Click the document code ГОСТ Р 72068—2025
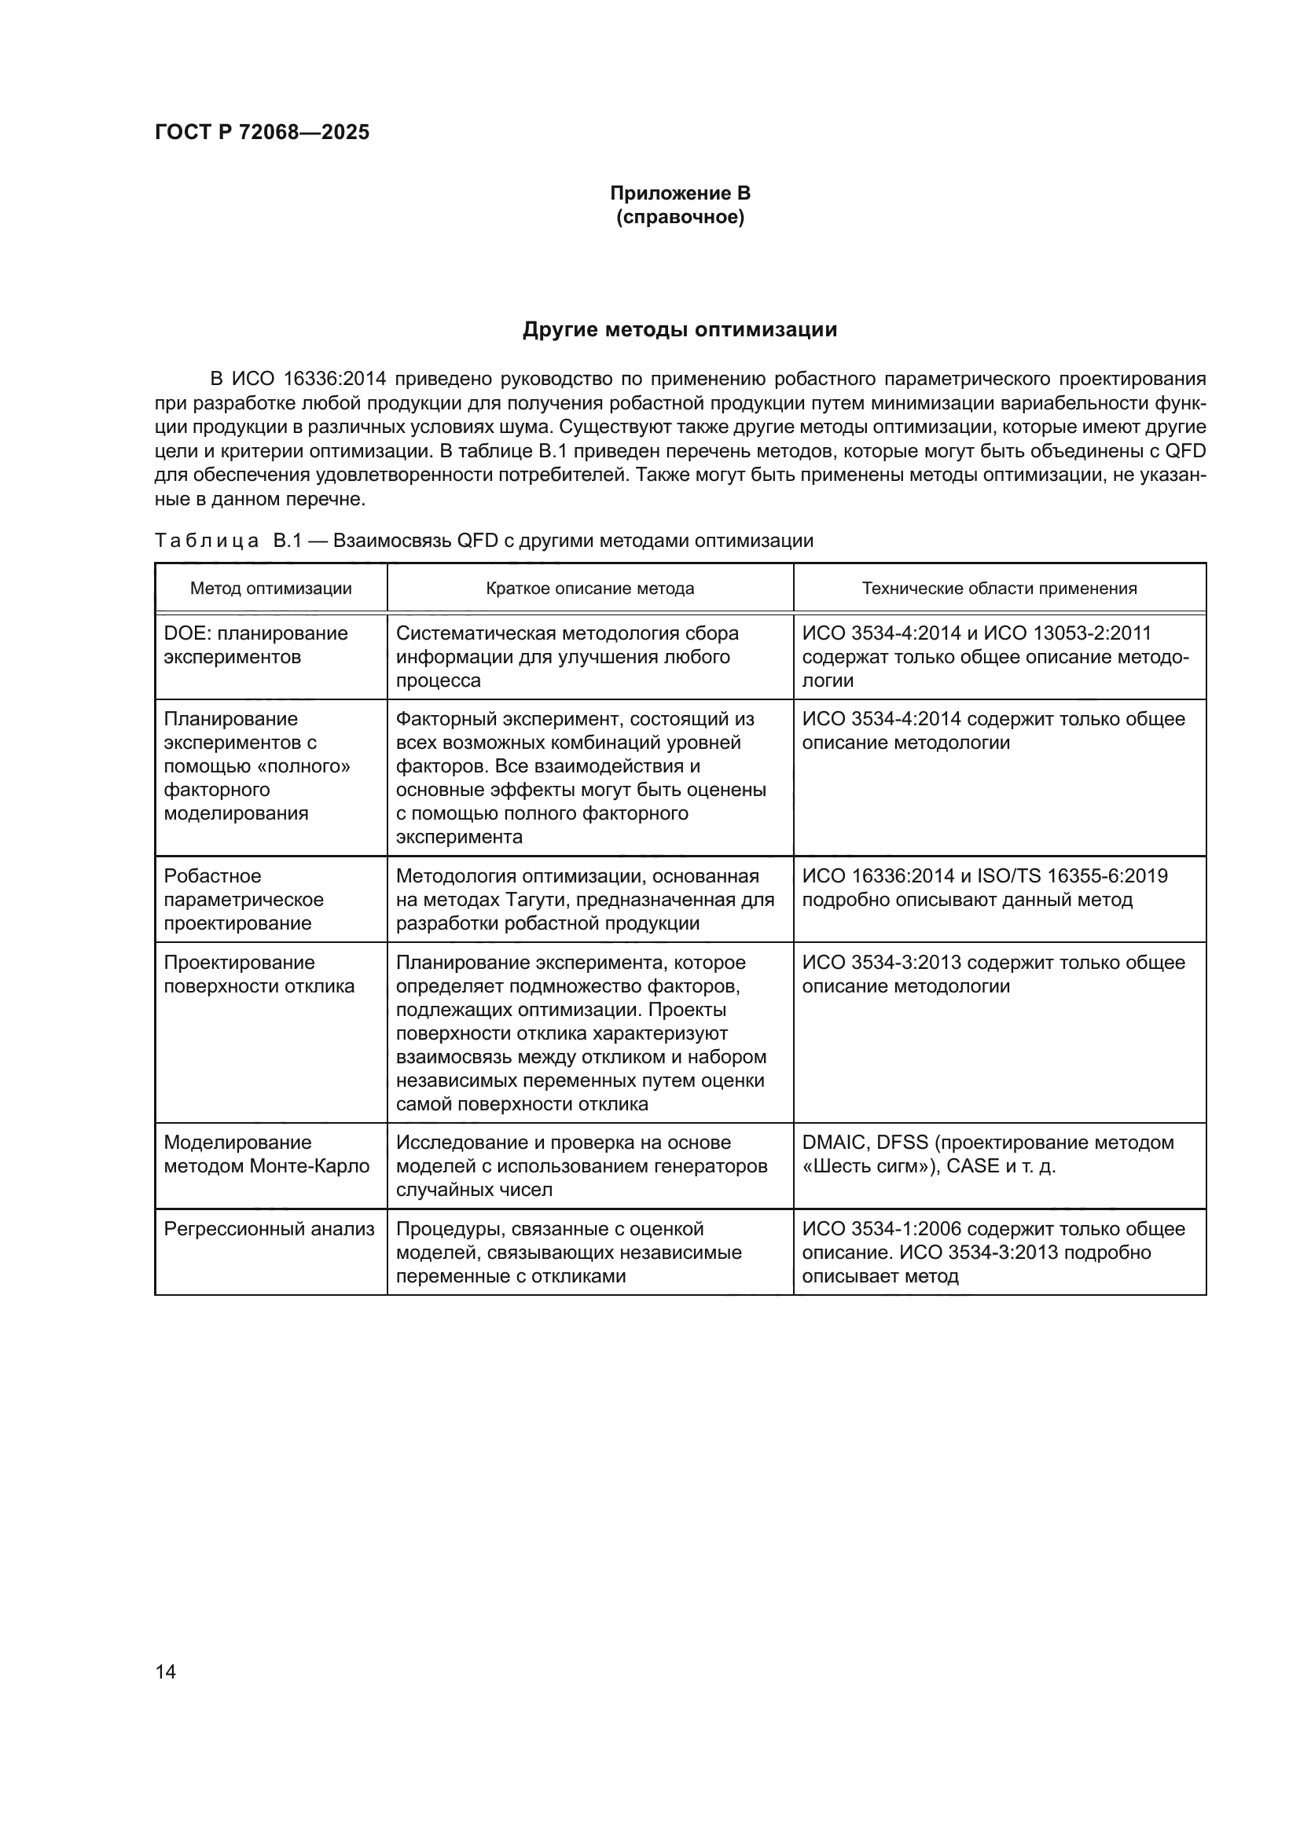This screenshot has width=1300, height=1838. point(262,132)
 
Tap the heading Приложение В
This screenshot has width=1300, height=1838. point(680,193)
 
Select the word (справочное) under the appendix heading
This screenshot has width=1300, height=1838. point(680,217)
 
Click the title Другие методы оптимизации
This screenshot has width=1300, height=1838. point(680,330)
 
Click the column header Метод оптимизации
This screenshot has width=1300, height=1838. point(270,589)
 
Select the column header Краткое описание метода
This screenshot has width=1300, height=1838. point(590,589)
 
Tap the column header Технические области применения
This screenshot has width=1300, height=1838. point(999,589)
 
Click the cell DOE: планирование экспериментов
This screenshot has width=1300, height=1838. point(255,645)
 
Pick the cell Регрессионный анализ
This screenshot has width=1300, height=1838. point(269,1229)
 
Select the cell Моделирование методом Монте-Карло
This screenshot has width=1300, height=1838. point(266,1154)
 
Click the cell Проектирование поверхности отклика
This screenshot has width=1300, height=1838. point(259,974)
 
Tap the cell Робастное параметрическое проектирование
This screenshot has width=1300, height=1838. point(244,899)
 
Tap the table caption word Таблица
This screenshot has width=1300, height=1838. point(207,541)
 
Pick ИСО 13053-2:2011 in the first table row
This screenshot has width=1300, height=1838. point(1067,633)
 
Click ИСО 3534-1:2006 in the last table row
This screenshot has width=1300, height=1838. point(880,1229)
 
